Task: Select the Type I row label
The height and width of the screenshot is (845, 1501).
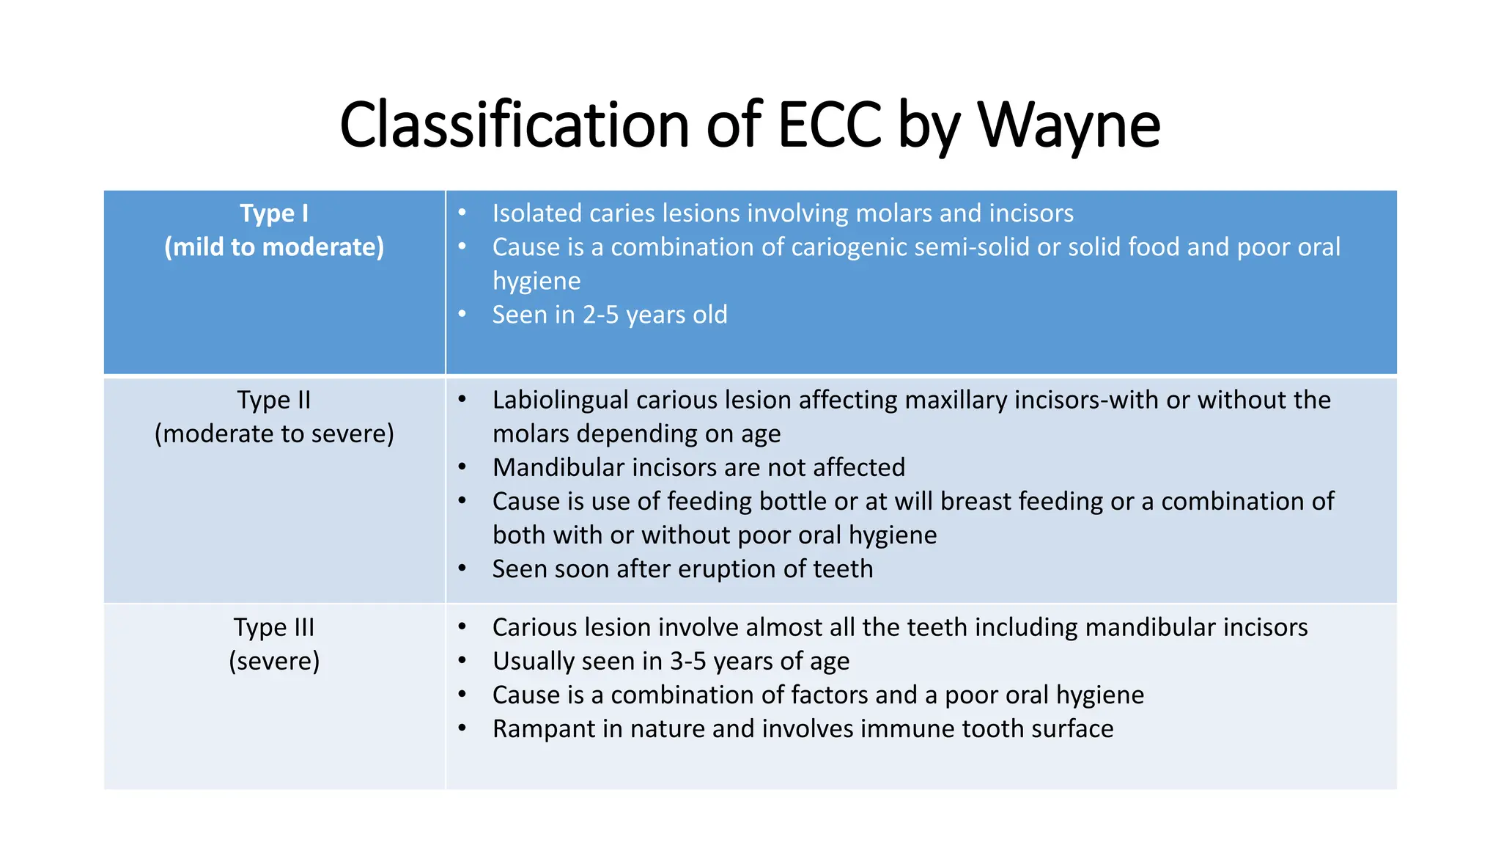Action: point(274,213)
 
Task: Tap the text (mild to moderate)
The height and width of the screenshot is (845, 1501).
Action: point(274,247)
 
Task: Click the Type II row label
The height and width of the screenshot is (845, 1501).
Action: point(274,400)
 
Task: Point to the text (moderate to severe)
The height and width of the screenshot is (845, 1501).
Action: point(274,434)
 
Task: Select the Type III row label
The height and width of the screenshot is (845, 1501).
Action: point(274,628)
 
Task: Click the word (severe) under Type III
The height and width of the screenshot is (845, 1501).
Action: point(274,662)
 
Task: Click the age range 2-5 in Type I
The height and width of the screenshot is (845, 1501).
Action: point(601,315)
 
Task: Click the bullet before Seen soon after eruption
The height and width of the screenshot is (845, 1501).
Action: point(462,568)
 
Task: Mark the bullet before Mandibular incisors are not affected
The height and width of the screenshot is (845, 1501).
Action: point(462,467)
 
